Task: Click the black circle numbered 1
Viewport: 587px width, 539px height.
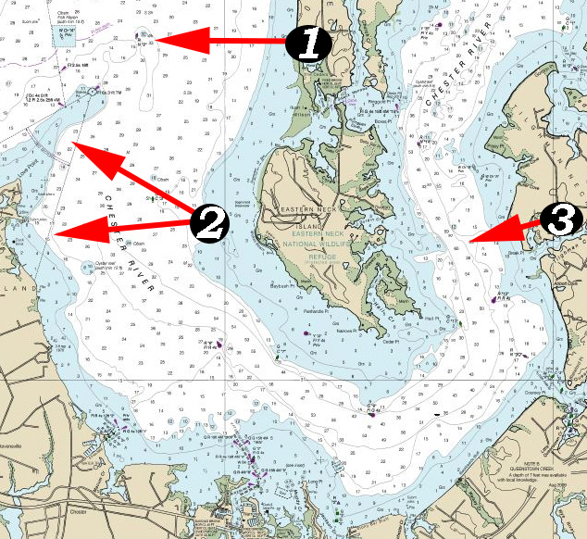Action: (x=307, y=44)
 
